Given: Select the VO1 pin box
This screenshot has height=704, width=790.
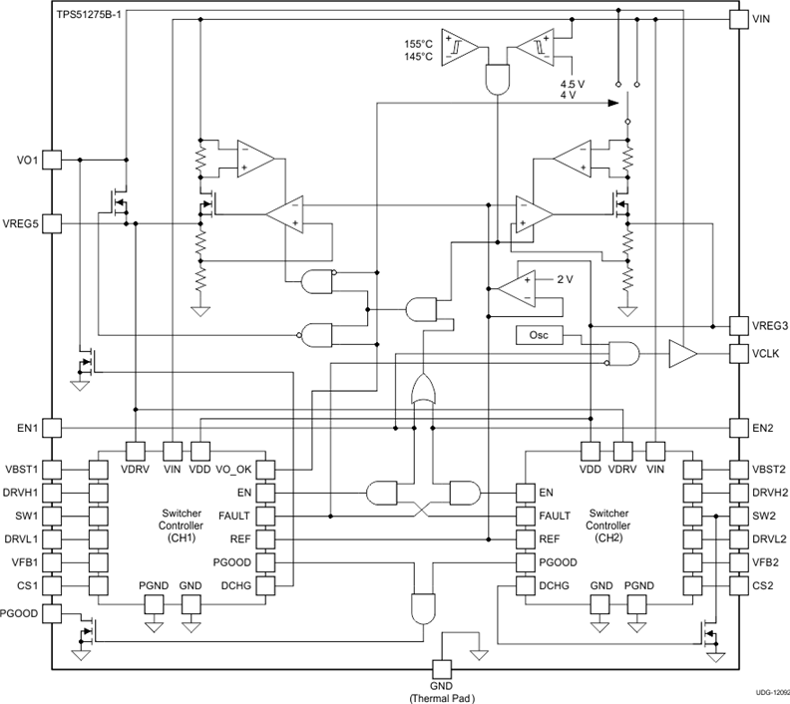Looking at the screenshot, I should tap(53, 160).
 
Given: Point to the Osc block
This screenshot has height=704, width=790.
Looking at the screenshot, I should tap(539, 336).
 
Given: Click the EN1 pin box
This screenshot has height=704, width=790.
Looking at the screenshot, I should tap(53, 428).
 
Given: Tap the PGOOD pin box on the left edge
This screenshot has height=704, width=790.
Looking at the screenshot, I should tap(53, 612).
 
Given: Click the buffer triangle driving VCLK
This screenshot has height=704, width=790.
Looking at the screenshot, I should tap(682, 353).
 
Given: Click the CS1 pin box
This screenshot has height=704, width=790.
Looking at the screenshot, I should tap(53, 585).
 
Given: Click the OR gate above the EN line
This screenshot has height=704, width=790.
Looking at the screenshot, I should tap(423, 390).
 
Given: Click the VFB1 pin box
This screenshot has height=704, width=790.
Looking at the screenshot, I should tap(53, 562).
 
